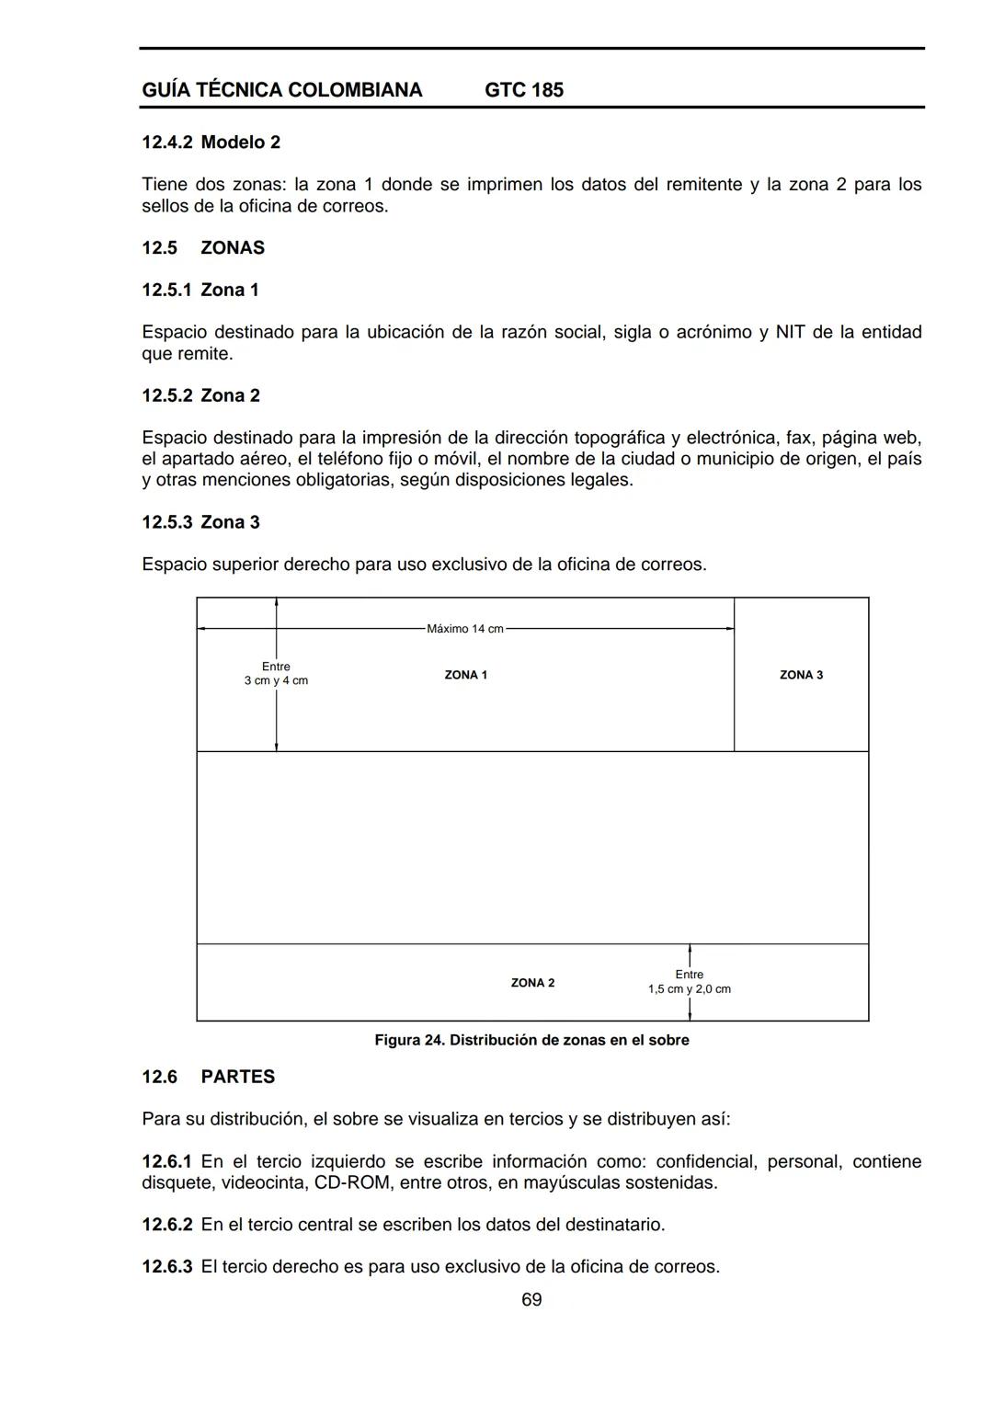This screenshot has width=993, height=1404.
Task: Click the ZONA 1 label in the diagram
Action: tap(465, 675)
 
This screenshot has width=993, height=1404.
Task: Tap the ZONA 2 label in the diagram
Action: tap(532, 983)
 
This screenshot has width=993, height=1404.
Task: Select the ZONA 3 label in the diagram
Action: tap(801, 675)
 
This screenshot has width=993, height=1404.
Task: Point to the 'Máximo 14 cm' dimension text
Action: tap(465, 629)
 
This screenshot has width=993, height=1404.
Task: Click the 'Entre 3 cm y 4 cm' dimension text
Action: tap(276, 674)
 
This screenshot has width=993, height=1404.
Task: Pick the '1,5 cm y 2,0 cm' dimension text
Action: tap(690, 989)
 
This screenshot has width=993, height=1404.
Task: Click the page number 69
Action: tap(531, 1300)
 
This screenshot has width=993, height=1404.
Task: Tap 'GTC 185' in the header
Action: tap(524, 90)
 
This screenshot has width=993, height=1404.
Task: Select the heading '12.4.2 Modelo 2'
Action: tap(211, 143)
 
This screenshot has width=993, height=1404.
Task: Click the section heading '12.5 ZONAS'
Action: tap(203, 248)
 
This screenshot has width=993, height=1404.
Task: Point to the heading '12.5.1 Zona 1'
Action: tap(200, 291)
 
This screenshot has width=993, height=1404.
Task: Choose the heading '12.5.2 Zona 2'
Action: tap(200, 396)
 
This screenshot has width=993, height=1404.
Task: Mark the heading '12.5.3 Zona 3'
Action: tap(200, 523)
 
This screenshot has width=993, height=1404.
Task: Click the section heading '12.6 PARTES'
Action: tap(209, 1077)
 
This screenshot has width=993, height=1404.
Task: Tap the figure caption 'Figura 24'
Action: tap(531, 1040)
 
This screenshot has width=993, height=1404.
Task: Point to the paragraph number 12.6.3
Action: tap(167, 1267)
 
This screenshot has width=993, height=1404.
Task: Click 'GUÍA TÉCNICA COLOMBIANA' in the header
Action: tap(282, 90)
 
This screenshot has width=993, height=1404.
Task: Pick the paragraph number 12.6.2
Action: tap(167, 1225)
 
